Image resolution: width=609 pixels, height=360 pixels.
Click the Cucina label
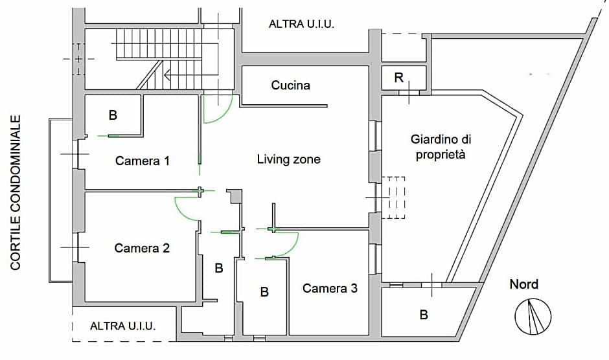pyautogui.click(x=290, y=85)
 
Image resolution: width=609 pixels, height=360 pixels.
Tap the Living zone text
pyautogui.click(x=288, y=159)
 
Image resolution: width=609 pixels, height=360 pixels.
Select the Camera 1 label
pyautogui.click(x=143, y=161)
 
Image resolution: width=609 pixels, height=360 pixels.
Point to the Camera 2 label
pyautogui.click(x=142, y=248)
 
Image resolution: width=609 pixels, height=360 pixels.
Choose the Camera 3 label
pyautogui.click(x=330, y=288)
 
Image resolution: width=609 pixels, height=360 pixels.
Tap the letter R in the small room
pyautogui.click(x=399, y=79)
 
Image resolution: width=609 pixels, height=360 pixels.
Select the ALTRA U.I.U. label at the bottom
pyautogui.click(x=123, y=326)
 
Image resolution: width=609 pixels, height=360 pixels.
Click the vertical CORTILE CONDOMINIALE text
pyautogui.click(x=16, y=192)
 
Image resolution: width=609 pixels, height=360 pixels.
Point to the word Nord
pyautogui.click(x=523, y=284)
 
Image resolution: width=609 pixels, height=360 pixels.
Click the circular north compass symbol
pyautogui.click(x=533, y=316)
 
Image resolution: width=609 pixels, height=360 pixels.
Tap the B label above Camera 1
pyautogui.click(x=113, y=116)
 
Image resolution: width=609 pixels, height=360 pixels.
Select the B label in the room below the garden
pyautogui.click(x=424, y=315)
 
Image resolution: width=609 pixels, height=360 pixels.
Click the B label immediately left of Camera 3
pyautogui.click(x=264, y=292)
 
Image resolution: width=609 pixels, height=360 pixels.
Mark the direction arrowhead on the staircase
pyautogui.click(x=168, y=76)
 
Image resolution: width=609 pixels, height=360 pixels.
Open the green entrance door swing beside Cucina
pyautogui.click(x=217, y=110)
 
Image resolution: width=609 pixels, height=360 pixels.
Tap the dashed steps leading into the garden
pyautogui.click(x=393, y=197)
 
